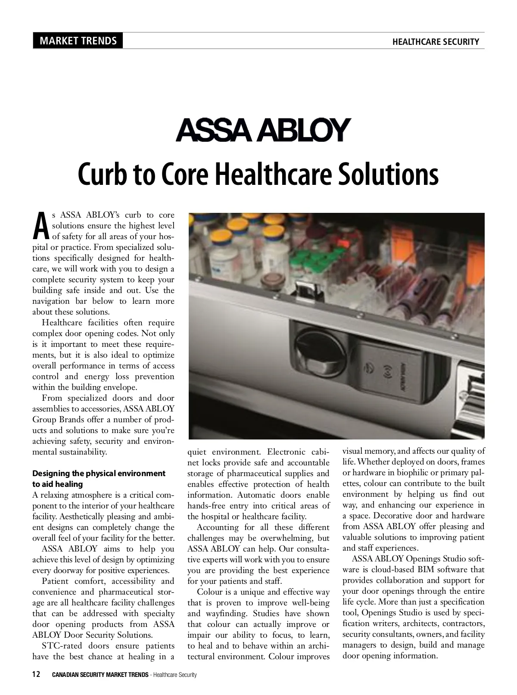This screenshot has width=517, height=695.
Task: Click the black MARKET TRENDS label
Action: [78, 41]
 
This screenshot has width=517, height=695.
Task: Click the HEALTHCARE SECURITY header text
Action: [436, 42]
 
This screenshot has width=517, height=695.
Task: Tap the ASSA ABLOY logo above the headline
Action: [261, 130]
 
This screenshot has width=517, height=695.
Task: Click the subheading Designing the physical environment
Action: [99, 474]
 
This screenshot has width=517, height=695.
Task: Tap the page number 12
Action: [37, 674]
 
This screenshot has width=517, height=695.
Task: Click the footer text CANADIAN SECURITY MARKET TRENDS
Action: [100, 675]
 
